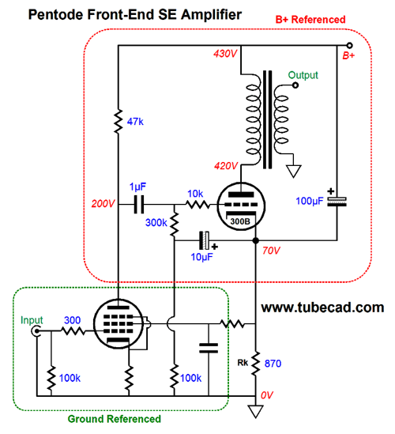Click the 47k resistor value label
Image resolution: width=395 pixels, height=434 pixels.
point(135,122)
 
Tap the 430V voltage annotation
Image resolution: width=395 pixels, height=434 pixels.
point(225,54)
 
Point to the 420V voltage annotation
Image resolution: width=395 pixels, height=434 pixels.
point(226,166)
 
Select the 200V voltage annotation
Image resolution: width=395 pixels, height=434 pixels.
point(103,204)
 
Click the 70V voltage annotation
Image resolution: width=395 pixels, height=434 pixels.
point(271,251)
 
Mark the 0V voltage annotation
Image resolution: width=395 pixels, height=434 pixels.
point(267,395)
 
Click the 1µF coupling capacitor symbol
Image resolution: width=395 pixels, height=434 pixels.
point(139,205)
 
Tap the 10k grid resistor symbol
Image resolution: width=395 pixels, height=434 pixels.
point(197,205)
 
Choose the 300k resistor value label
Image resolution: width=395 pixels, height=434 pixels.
point(156,223)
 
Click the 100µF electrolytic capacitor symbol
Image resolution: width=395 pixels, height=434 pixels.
point(337,202)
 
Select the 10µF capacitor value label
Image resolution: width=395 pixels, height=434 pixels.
point(202,257)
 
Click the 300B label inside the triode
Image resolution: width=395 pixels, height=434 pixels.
point(240,221)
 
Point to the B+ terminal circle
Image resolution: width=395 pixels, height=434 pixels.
point(349,45)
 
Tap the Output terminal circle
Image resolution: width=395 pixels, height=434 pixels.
point(295,85)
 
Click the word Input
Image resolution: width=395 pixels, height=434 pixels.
point(32,320)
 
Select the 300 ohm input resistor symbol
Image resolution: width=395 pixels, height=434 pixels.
point(73,330)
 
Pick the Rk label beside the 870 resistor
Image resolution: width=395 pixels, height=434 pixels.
point(243,363)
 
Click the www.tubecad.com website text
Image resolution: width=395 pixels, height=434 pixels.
point(322,308)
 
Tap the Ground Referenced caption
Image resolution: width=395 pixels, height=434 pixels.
point(115,419)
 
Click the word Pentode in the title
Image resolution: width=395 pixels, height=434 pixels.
point(56,14)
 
